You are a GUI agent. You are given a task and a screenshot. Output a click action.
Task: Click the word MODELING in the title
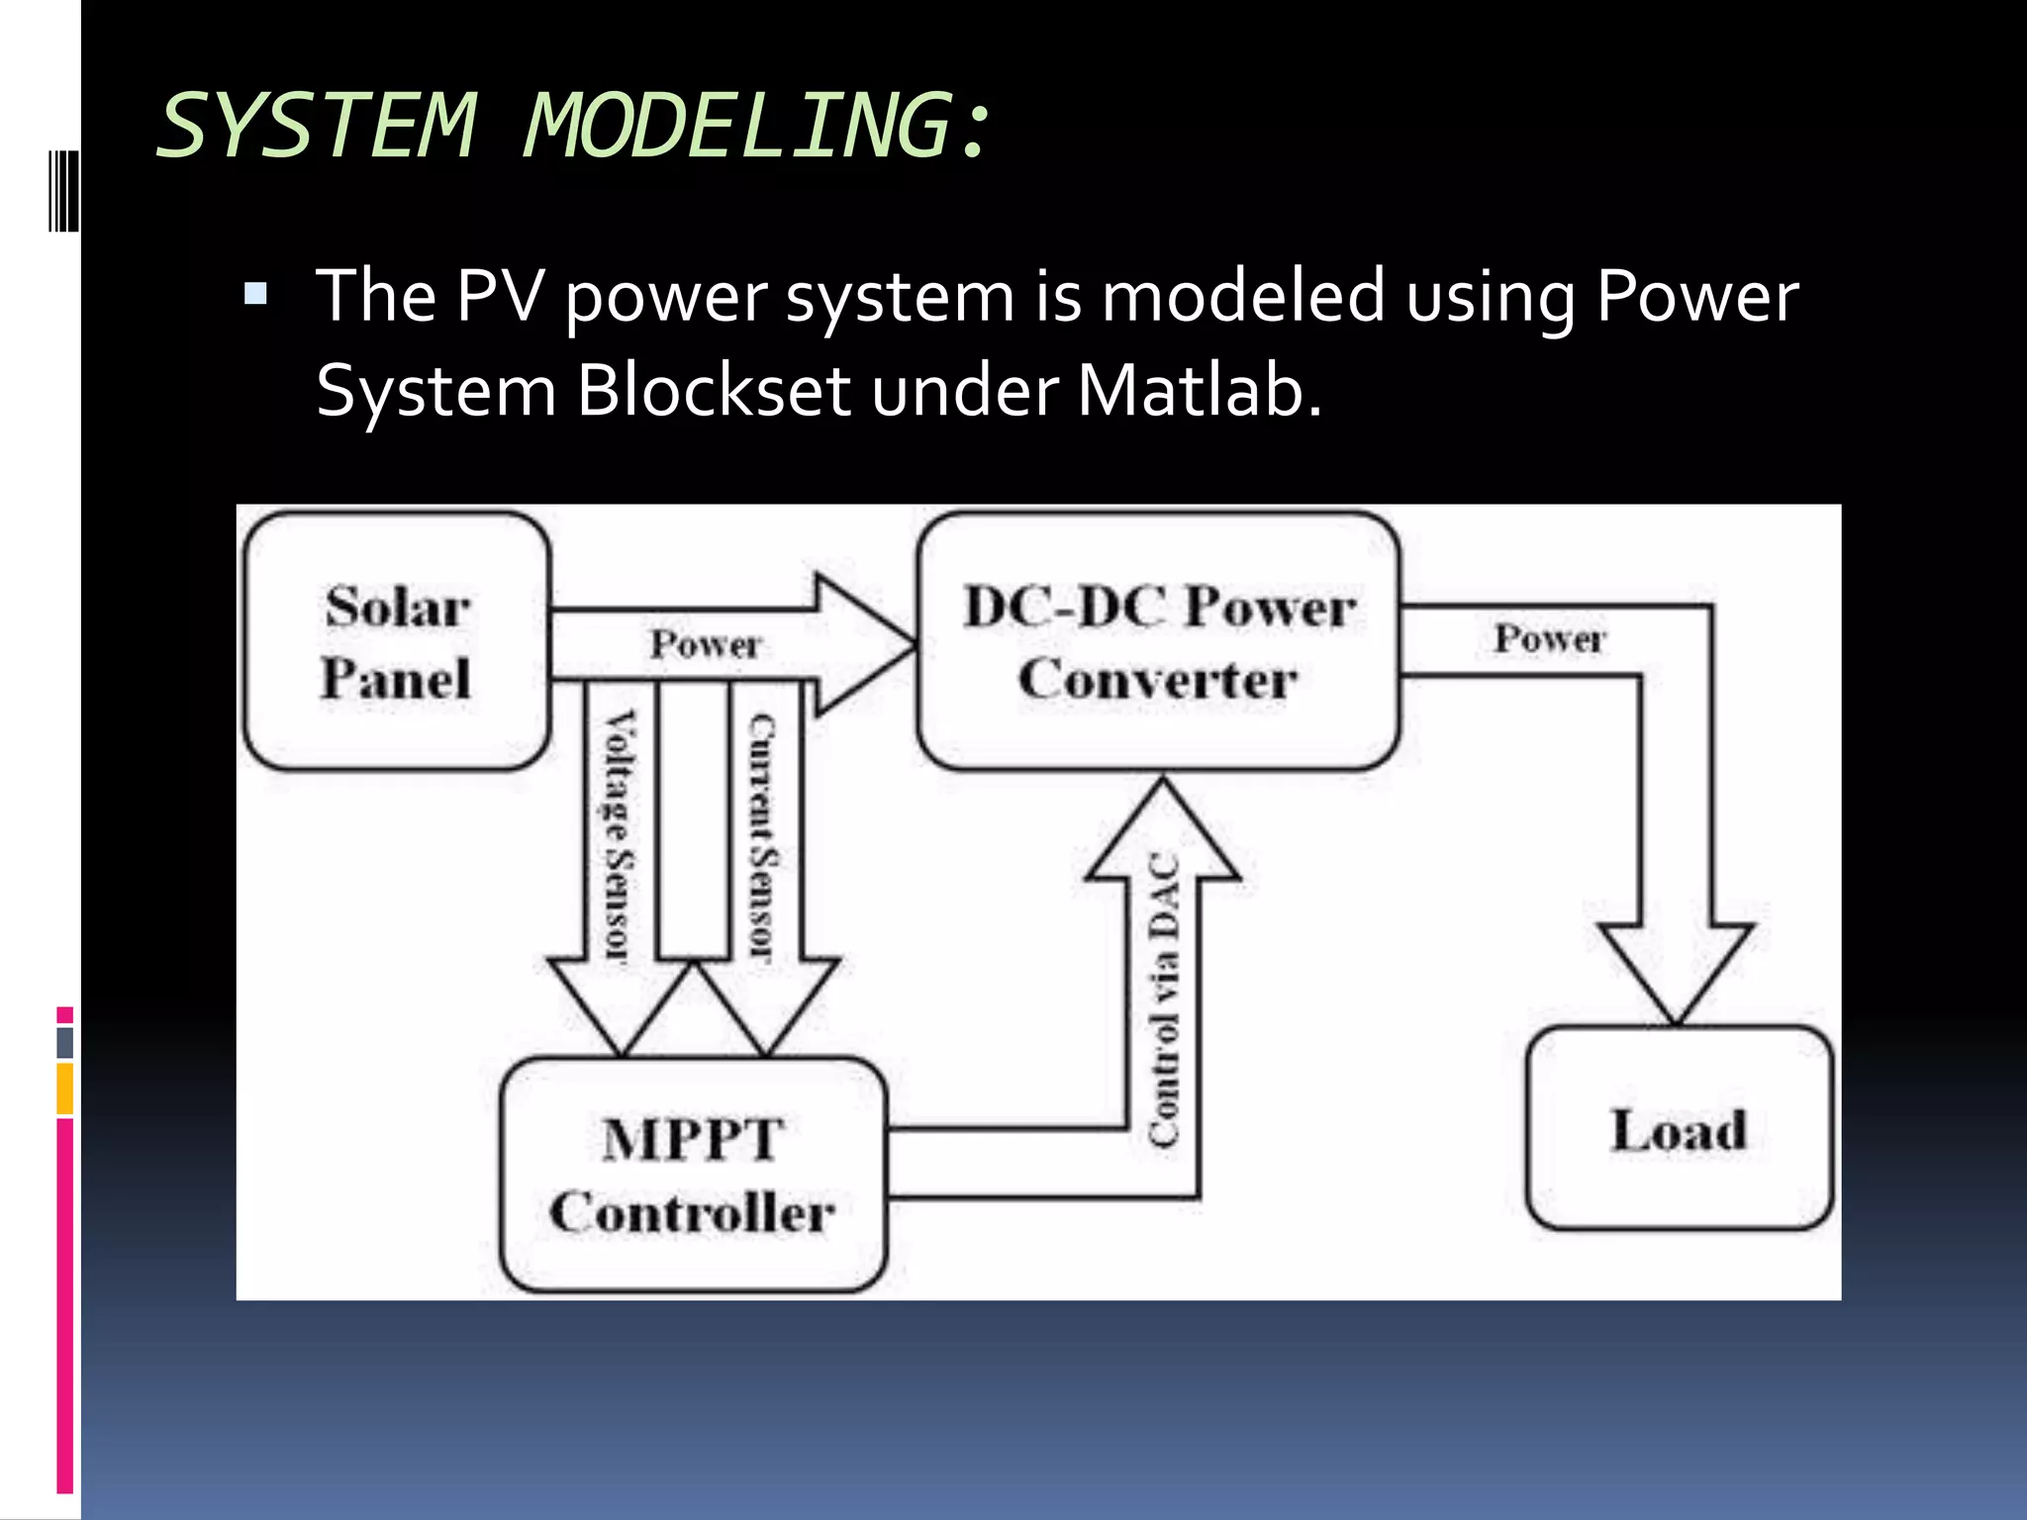tap(737, 126)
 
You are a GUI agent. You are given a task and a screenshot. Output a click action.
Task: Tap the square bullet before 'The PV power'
tap(255, 294)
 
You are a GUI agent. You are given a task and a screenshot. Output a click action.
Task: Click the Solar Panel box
tap(396, 641)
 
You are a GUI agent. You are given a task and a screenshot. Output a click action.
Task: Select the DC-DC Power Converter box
tap(1158, 641)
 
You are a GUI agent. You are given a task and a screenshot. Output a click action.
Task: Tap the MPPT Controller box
tap(693, 1176)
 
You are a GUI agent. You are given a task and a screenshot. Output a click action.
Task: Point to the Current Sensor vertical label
tap(762, 836)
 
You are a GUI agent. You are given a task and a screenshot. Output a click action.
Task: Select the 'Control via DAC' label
tap(1164, 999)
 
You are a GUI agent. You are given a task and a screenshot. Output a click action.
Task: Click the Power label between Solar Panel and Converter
tap(705, 645)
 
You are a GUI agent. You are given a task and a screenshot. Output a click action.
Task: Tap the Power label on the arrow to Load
tap(1549, 639)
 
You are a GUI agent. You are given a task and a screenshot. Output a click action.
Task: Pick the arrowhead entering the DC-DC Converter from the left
tap(861, 644)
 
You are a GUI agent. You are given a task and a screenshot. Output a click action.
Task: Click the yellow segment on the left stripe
tap(64, 1089)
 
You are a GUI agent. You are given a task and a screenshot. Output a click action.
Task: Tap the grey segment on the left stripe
tap(64, 1042)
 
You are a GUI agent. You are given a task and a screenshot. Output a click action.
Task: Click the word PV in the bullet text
tap(499, 296)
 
